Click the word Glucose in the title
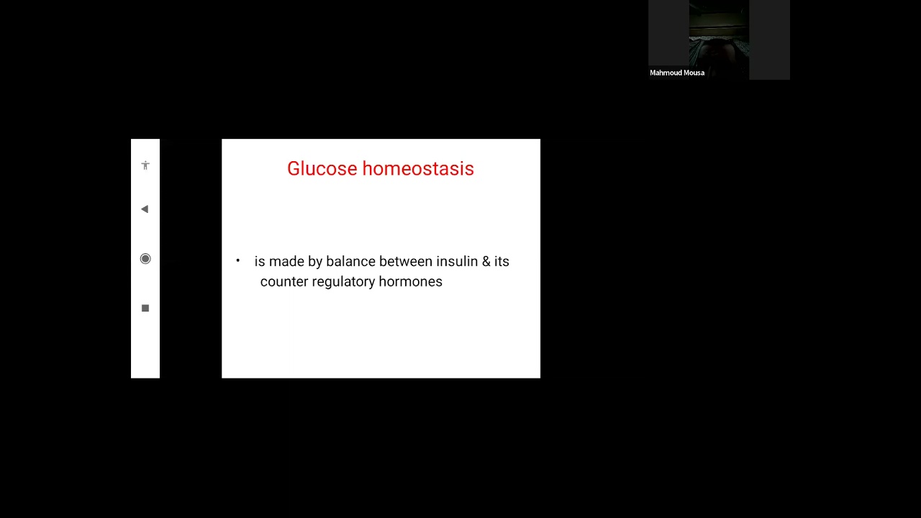(322, 169)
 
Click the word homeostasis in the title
(417, 169)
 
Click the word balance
(350, 262)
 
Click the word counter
(283, 282)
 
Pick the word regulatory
(343, 282)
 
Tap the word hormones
(410, 282)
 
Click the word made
(286, 262)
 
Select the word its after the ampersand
(502, 262)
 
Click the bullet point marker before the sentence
(238, 260)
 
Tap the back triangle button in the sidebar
(145, 209)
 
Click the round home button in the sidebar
(145, 259)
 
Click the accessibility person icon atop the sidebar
(145, 165)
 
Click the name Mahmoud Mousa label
(677, 73)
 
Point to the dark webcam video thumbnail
(719, 36)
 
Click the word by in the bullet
(315, 262)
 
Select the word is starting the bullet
(260, 262)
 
